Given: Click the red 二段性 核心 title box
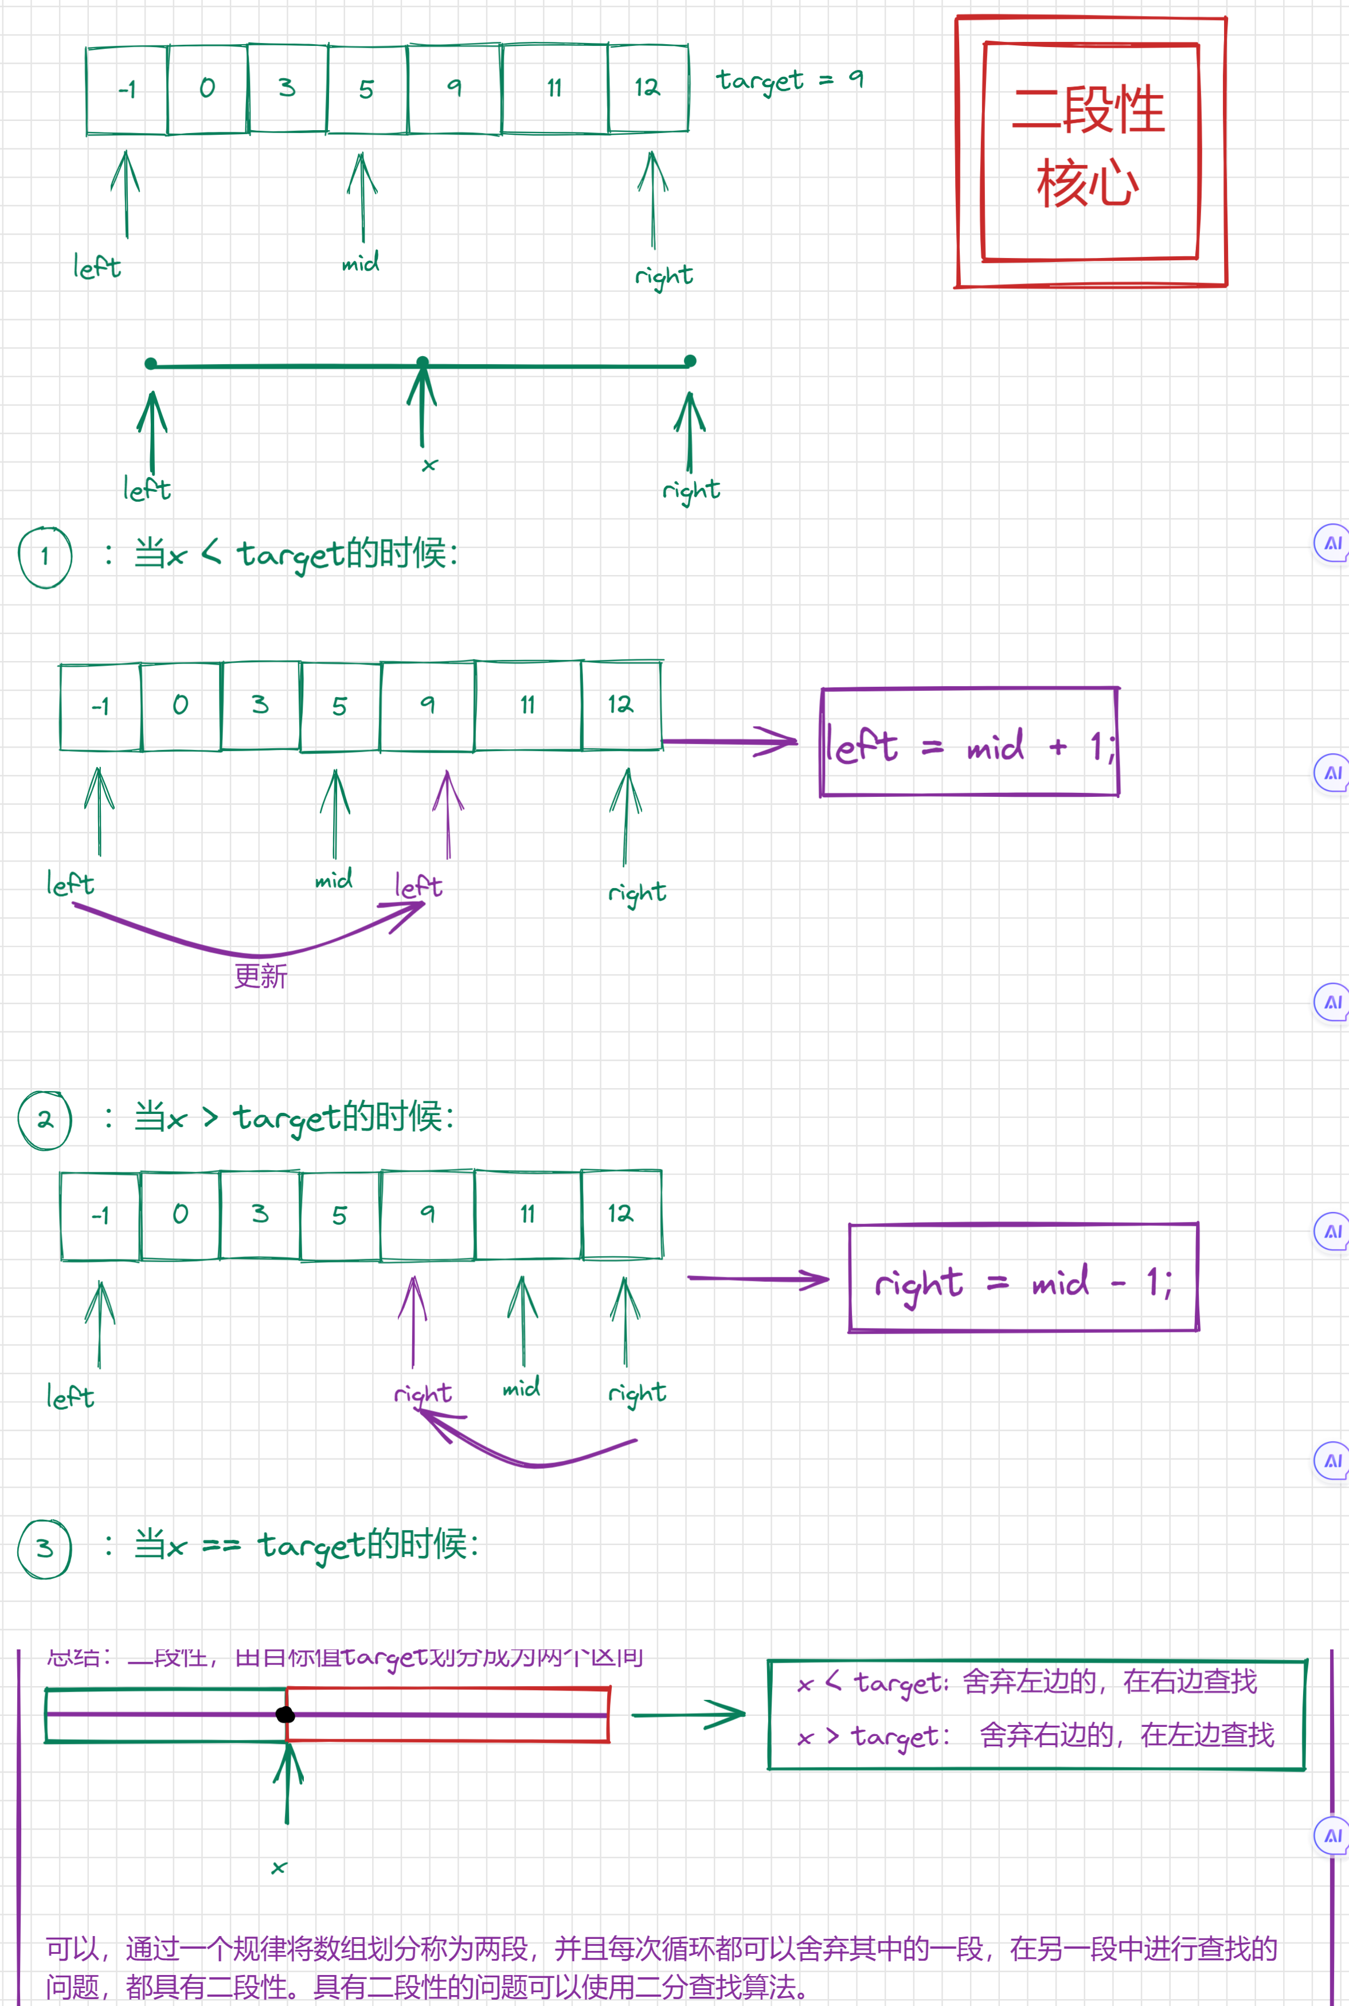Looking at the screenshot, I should [1090, 151].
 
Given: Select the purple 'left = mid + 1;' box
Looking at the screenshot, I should [969, 742].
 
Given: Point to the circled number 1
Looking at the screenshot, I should [45, 557].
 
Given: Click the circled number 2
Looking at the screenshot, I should [45, 1119].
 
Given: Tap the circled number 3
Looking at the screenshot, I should [45, 1547].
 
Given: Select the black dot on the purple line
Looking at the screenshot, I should [286, 1714].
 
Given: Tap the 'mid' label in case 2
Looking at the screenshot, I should [521, 1387].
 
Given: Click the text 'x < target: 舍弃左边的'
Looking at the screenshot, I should [1027, 1682].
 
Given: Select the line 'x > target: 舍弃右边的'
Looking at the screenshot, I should [1036, 1736].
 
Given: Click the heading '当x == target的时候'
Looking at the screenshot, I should [306, 1546].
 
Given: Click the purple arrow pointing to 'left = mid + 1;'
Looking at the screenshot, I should [732, 741].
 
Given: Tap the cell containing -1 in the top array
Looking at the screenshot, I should [127, 89].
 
